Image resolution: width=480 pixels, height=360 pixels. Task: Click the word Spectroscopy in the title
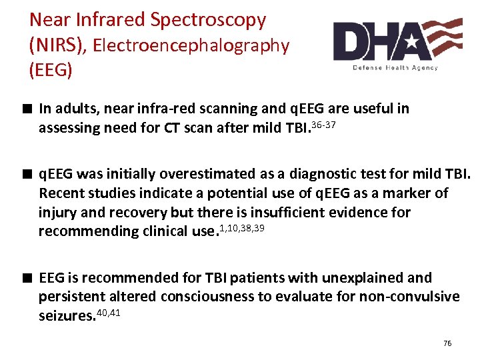[208, 21]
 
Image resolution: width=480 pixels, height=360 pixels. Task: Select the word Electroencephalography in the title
[191, 46]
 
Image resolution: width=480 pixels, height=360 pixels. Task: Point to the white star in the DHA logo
[411, 41]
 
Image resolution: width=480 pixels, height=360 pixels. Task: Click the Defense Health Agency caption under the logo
[395, 67]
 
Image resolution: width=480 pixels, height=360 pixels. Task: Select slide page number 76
[447, 343]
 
